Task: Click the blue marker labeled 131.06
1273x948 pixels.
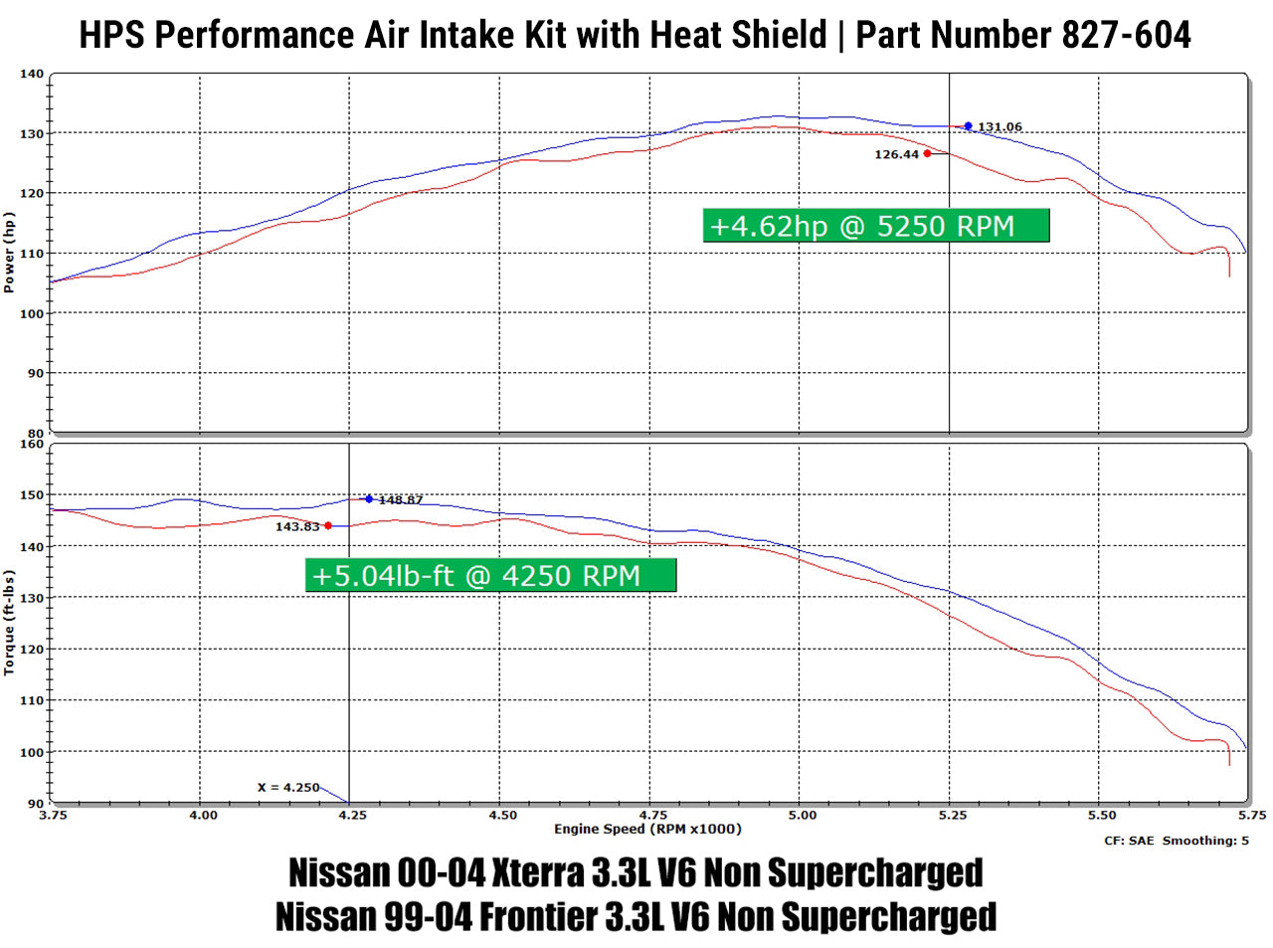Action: (x=968, y=126)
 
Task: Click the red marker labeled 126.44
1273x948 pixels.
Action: (x=927, y=154)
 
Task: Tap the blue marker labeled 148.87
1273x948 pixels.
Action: (x=369, y=499)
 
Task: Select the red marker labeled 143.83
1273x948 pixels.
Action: (x=328, y=526)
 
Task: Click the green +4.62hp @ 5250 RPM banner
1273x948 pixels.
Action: (x=875, y=226)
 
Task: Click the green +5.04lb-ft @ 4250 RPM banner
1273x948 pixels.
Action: (x=490, y=576)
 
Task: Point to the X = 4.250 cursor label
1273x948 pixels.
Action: (x=288, y=787)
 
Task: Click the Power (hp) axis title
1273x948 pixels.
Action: (x=9, y=253)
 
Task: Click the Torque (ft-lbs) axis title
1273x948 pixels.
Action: (x=9, y=623)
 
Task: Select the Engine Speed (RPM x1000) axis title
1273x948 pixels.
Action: (x=647, y=830)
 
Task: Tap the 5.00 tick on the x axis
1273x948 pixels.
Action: (x=802, y=816)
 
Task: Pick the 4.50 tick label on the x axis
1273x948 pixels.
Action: (x=502, y=816)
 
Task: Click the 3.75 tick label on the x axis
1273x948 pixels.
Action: (x=53, y=816)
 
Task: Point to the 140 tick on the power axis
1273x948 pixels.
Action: (x=32, y=74)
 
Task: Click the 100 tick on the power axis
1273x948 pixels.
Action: (x=32, y=314)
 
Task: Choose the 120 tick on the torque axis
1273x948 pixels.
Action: (x=32, y=650)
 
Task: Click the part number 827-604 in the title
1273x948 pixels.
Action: (x=1126, y=35)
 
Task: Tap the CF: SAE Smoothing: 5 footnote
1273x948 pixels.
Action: (x=1176, y=841)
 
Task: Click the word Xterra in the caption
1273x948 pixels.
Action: (x=538, y=873)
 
